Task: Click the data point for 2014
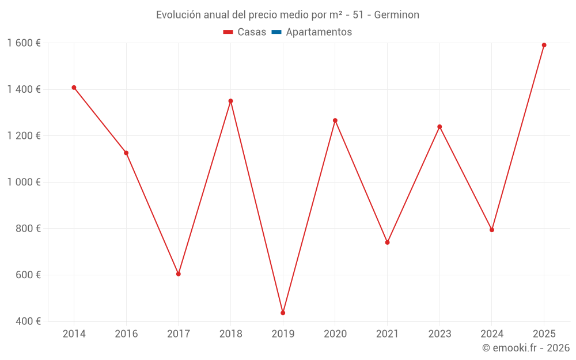tap(74, 88)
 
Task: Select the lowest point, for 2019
tap(283, 313)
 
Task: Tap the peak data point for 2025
tap(544, 45)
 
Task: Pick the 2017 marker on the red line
tap(179, 274)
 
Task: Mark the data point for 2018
tap(230, 101)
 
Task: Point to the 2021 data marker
tap(387, 242)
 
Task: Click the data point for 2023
tap(439, 127)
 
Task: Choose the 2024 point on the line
tap(492, 230)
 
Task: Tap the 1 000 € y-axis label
tap(24, 182)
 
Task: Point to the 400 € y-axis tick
tap(28, 321)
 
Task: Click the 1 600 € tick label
tap(24, 43)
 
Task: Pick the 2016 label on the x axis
tap(126, 334)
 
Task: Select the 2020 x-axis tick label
tap(335, 334)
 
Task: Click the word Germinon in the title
tap(397, 15)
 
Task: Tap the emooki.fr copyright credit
tap(526, 348)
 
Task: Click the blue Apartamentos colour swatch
tap(276, 32)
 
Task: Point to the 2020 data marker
tap(335, 120)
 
